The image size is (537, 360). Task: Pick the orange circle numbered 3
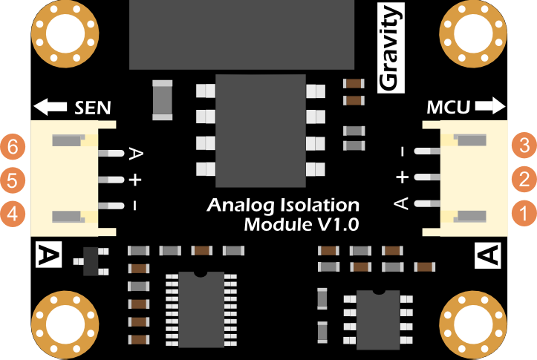[524, 146]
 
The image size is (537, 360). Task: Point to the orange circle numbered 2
[524, 180]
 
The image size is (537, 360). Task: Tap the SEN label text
[94, 108]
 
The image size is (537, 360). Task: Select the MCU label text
[448, 108]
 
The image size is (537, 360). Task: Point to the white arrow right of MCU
[489, 108]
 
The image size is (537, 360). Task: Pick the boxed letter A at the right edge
[488, 255]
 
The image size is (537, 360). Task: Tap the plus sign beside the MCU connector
[402, 177]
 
